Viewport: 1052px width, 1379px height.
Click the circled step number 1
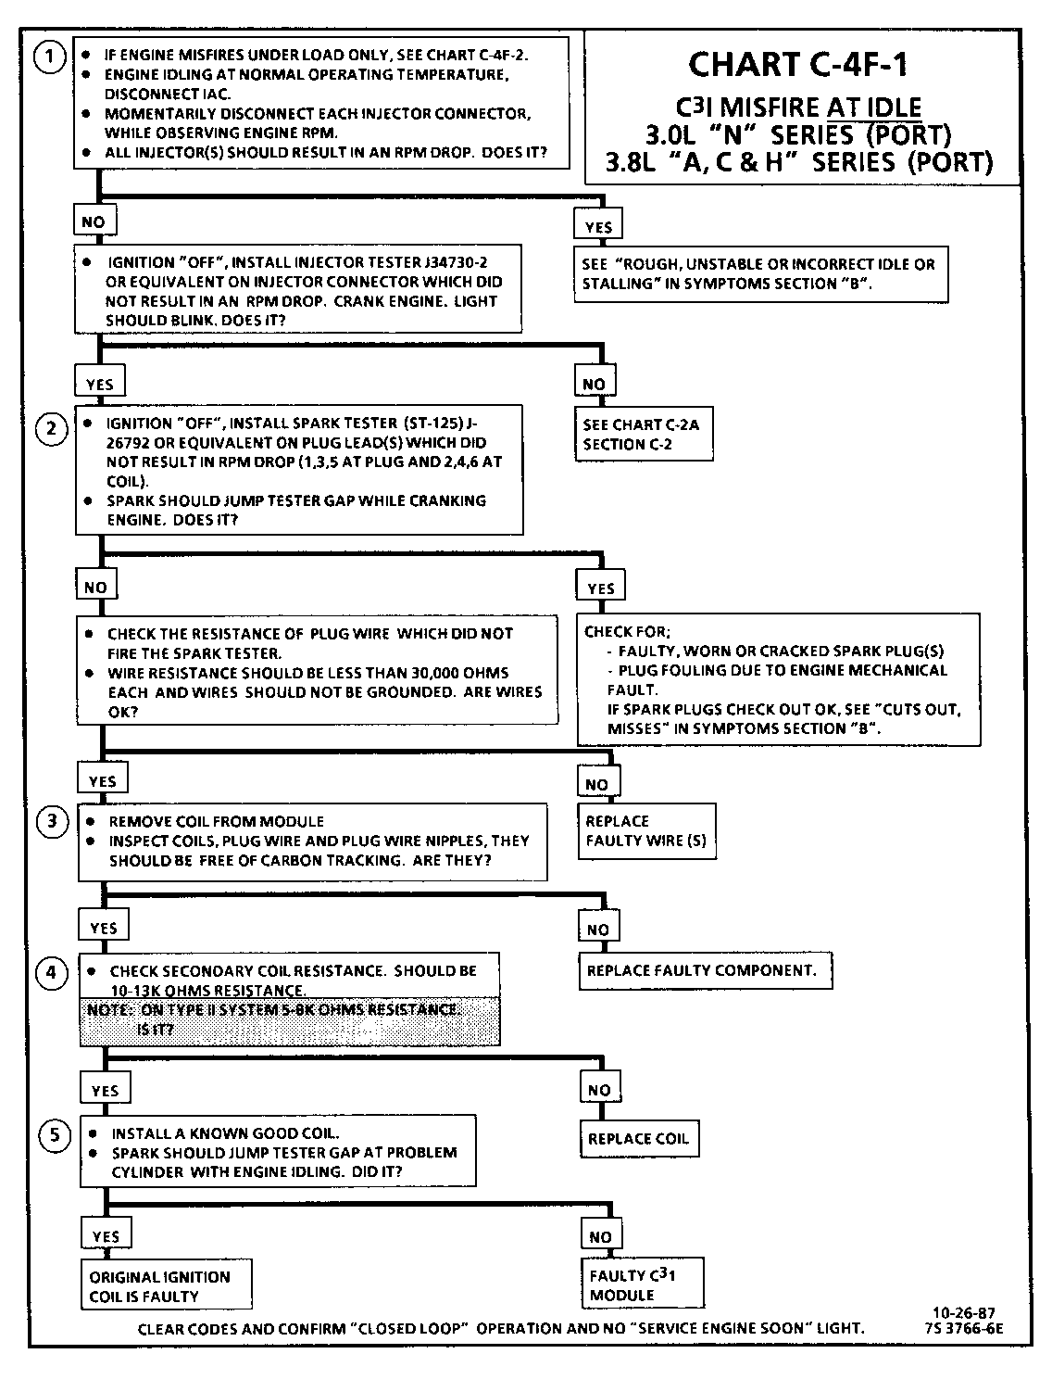tap(49, 57)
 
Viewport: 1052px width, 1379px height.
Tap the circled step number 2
tap(51, 428)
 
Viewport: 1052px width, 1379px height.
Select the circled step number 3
tap(53, 821)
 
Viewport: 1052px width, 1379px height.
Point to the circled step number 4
tap(52, 972)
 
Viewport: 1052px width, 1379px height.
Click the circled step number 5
tap(55, 1135)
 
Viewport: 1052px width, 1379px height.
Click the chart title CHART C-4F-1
tap(798, 65)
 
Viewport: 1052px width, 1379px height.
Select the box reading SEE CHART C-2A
tap(643, 434)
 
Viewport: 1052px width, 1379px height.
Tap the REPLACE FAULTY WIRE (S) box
tap(646, 831)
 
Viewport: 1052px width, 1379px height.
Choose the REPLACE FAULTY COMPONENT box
tap(703, 970)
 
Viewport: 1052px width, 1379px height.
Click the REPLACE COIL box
tap(639, 1138)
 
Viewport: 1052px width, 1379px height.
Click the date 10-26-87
tap(964, 1312)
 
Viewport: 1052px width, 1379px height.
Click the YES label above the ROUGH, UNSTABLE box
tap(599, 227)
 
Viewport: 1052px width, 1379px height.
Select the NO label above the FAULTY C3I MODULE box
tap(600, 1236)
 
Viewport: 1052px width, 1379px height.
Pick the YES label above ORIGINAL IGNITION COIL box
tap(106, 1236)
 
